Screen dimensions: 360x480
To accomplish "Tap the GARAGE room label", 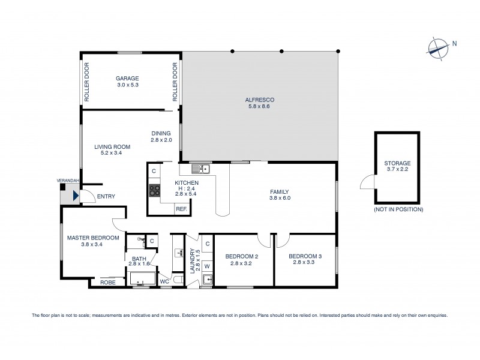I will [x=127, y=78].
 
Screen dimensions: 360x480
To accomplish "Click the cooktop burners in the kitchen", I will [x=154, y=191].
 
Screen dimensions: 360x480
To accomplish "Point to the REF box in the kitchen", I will [x=181, y=209].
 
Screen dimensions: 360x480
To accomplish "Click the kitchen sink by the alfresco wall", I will [x=201, y=167].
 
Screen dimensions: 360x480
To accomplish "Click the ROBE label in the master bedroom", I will [x=107, y=282].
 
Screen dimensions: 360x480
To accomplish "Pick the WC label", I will [x=164, y=281].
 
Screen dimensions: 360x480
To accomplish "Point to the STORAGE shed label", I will [x=398, y=163].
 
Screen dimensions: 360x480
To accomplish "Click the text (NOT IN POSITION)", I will [x=398, y=209].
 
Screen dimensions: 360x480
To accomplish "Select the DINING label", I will [x=161, y=133].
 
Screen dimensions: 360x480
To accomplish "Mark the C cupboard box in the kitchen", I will [x=154, y=171].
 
